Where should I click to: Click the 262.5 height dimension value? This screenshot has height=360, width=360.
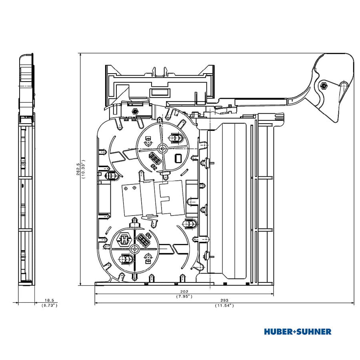(78, 169)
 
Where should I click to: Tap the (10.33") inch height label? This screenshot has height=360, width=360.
(83, 169)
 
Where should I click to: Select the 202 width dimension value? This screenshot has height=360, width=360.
(184, 292)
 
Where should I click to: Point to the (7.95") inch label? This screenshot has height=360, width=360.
(184, 296)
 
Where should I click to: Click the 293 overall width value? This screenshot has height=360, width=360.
(224, 300)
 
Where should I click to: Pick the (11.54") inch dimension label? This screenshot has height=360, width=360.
(224, 306)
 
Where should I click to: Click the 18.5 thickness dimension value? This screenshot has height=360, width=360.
(49, 300)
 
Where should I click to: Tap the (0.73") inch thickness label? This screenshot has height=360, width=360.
(49, 305)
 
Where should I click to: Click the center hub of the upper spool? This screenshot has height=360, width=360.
(163, 148)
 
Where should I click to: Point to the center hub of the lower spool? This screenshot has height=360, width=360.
(134, 249)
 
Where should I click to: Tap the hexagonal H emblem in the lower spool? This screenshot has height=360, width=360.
(124, 240)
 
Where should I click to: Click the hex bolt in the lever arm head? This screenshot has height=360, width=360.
(323, 86)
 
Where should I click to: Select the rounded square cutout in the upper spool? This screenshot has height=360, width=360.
(178, 158)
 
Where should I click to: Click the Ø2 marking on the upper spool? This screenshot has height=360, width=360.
(154, 167)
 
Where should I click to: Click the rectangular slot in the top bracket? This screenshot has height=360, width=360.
(160, 92)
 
